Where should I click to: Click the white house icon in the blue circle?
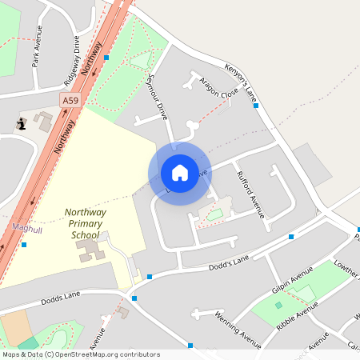point(180,173)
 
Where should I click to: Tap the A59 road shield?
point(70,100)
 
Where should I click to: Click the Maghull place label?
point(26,227)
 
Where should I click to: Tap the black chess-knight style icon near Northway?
point(21,123)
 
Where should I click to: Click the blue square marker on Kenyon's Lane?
point(256,105)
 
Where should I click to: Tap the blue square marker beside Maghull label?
point(24,244)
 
